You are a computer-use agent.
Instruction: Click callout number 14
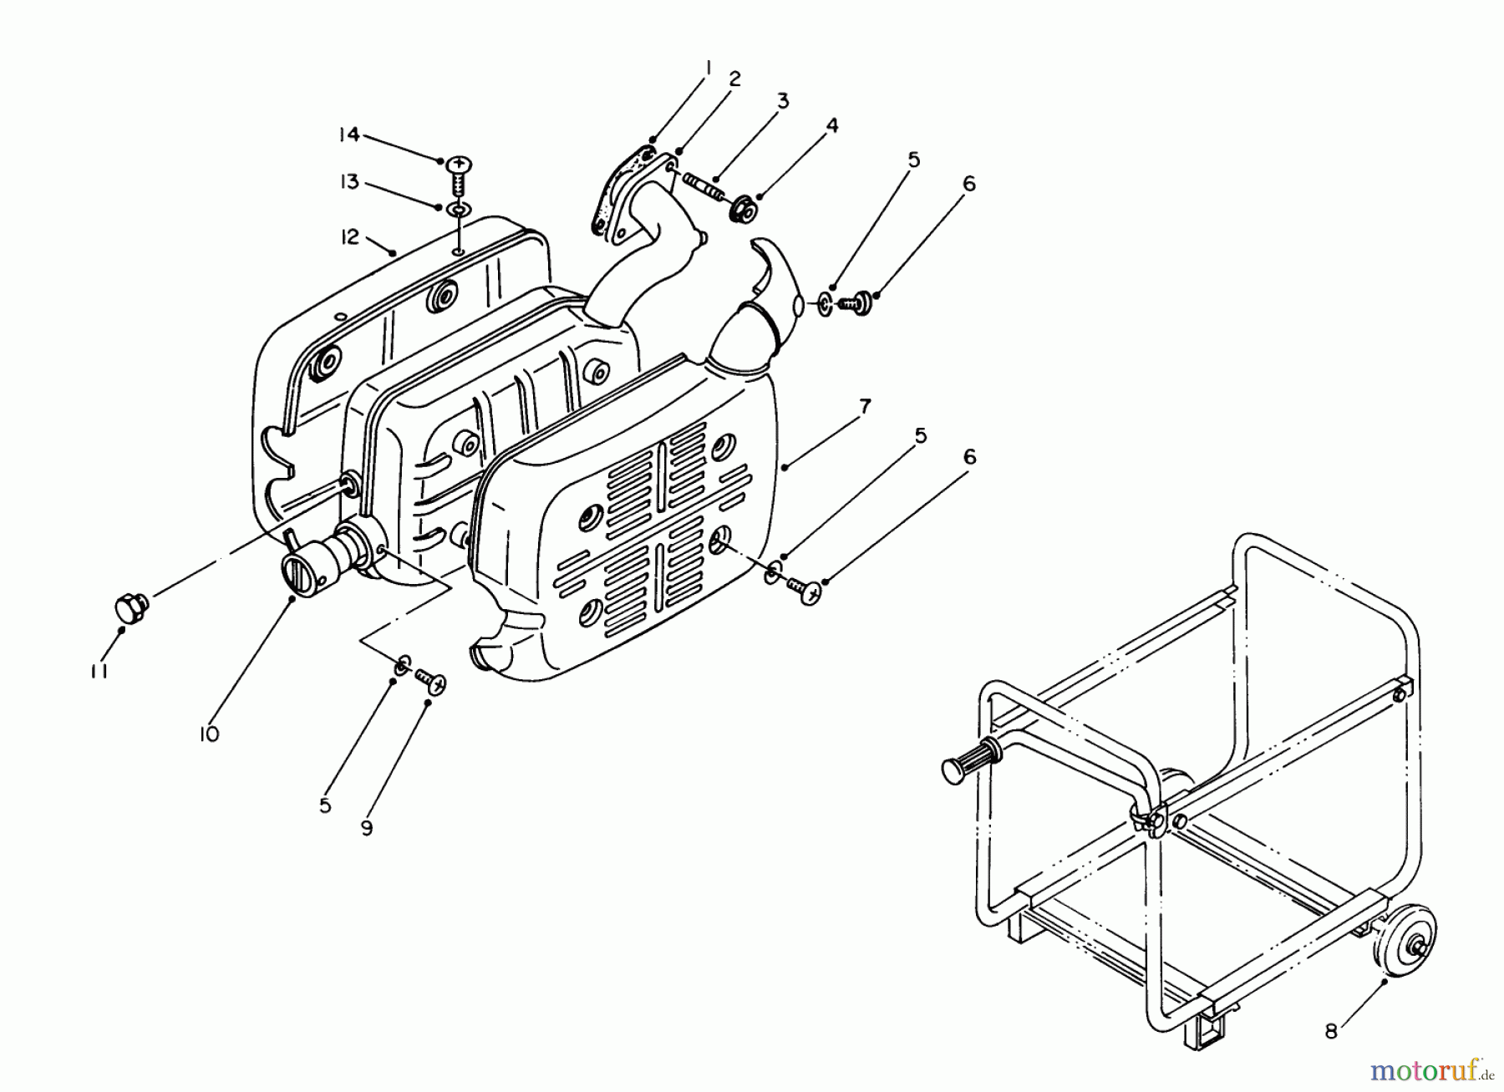coord(348,134)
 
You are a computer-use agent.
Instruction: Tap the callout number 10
coord(209,734)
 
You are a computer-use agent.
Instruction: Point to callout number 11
coord(99,671)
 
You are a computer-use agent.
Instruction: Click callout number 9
coord(367,827)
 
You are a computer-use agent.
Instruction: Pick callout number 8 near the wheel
coord(1330,1032)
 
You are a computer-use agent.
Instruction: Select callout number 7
coord(865,407)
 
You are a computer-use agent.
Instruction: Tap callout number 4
coord(831,126)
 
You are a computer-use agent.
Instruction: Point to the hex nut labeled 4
coord(742,210)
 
